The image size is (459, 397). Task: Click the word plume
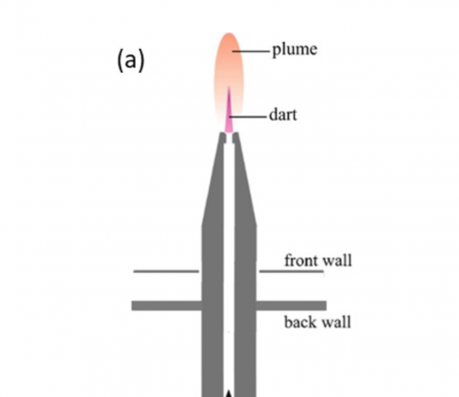(295, 50)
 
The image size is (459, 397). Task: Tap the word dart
(283, 115)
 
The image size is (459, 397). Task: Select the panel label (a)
(131, 60)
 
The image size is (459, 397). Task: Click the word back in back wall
(300, 322)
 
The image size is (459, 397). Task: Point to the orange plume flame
(229, 67)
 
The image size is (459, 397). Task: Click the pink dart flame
(229, 114)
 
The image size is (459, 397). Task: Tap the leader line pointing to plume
(251, 52)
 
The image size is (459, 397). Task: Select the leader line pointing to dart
(248, 117)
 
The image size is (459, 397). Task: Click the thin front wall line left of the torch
(166, 272)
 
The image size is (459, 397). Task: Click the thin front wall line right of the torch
(291, 272)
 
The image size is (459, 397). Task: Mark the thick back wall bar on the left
(167, 305)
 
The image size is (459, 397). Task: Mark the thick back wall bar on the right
(291, 305)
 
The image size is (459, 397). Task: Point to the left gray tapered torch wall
(213, 263)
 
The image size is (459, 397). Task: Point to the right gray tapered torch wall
(245, 263)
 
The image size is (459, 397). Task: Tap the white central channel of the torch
(229, 263)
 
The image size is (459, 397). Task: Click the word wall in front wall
(337, 260)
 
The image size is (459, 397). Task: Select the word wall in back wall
(336, 322)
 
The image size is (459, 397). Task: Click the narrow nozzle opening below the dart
(229, 138)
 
